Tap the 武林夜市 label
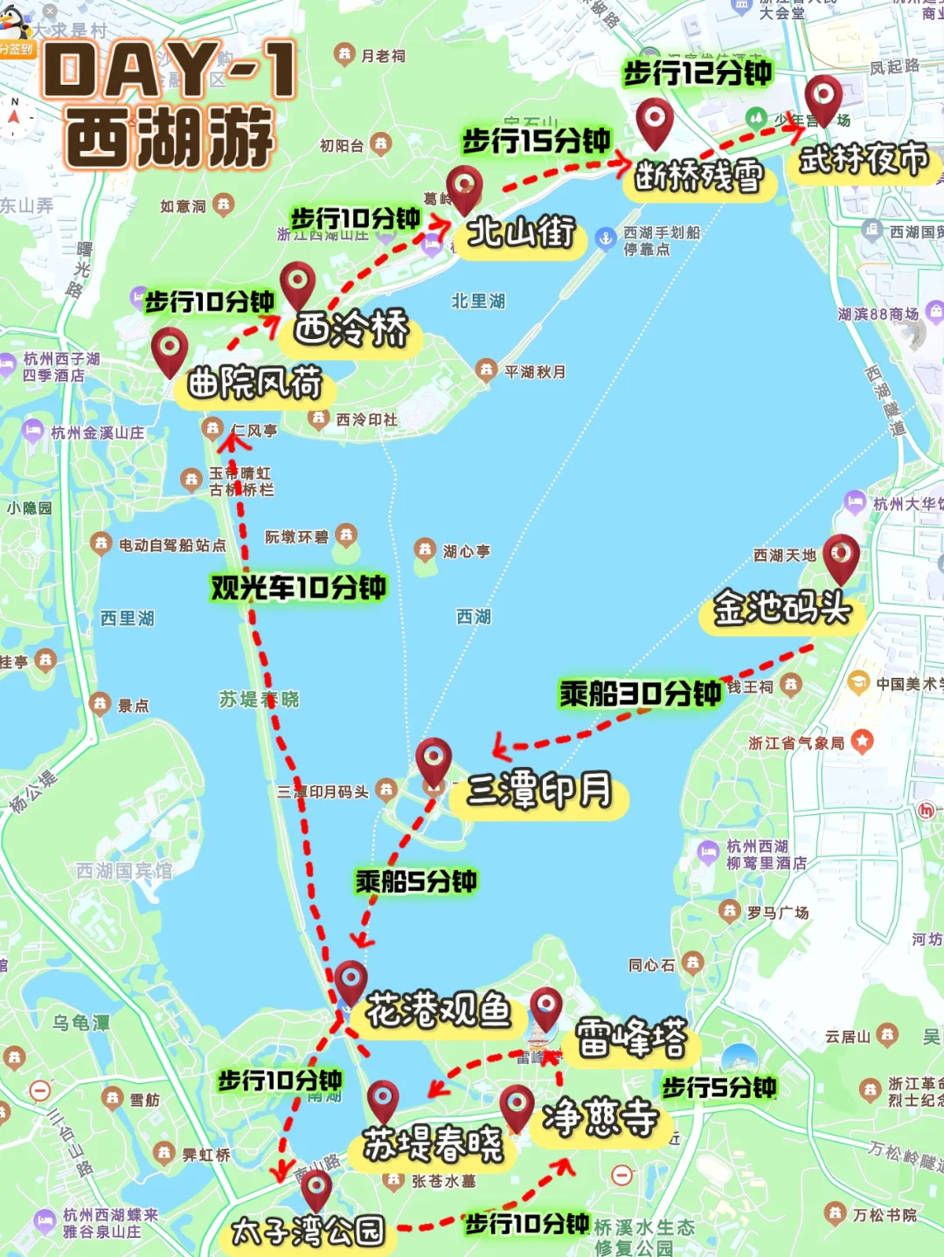[x=864, y=160]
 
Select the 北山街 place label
[x=521, y=233]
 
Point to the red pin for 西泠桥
[x=297, y=283]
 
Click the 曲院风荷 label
[x=254, y=383]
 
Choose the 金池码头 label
[x=781, y=608]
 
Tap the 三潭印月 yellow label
[x=538, y=791]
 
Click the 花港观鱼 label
[x=437, y=1011]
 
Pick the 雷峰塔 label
[x=631, y=1039]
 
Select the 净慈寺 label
[x=600, y=1117]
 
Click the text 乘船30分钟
[x=640, y=694]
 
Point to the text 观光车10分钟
[x=298, y=588]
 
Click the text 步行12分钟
[x=697, y=73]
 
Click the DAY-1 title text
[x=170, y=71]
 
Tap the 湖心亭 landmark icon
[x=425, y=549]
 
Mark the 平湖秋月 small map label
[x=534, y=372]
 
